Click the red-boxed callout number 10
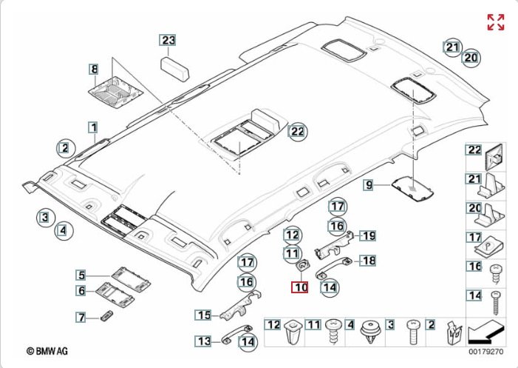coord(299,287)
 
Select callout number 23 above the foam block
coord(168,41)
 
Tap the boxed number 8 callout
coord(94,70)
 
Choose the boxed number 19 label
coord(367,235)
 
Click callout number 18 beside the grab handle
coord(367,260)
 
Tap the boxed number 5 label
coord(84,275)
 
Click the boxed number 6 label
coord(84,291)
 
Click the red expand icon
coord(495,22)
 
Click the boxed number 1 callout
coord(94,127)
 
